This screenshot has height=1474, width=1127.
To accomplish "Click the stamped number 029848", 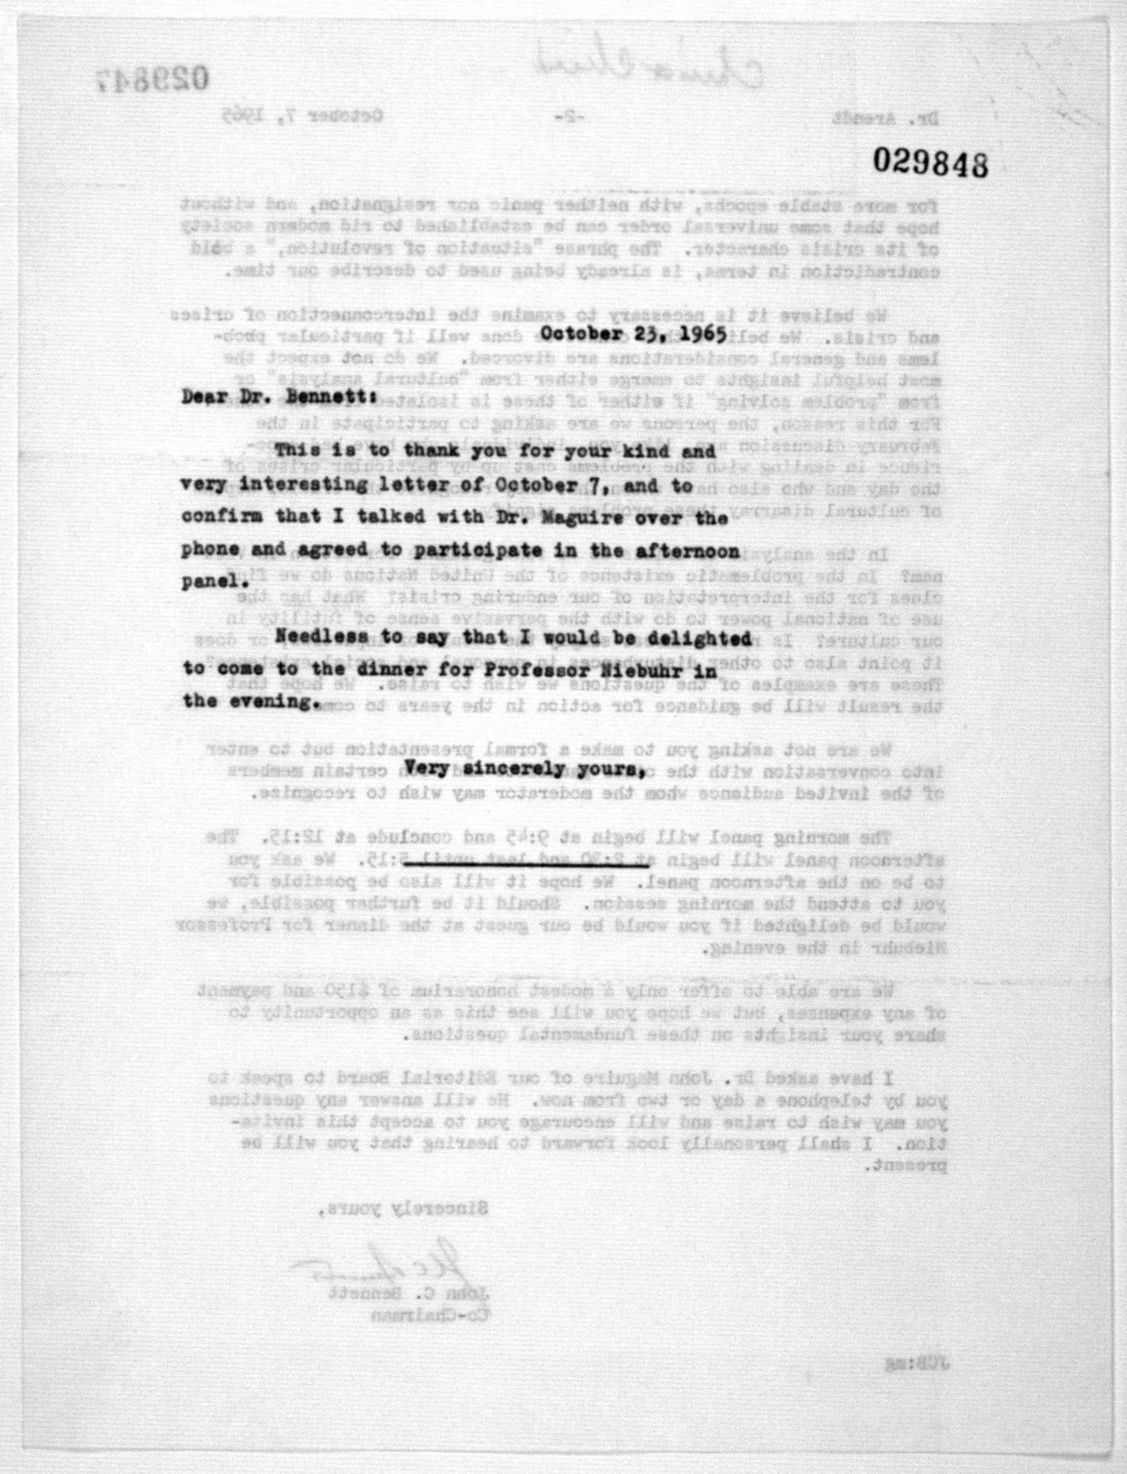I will (930, 162).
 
